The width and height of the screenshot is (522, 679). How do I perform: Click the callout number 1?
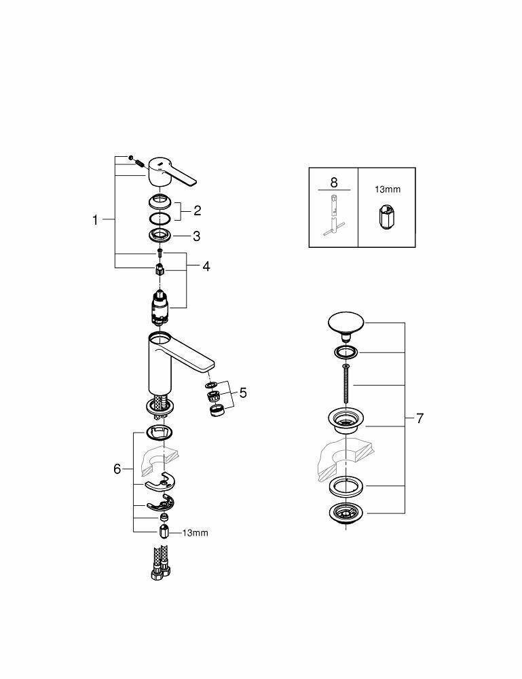coord(96,219)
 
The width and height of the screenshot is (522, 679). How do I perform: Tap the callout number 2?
coord(197,210)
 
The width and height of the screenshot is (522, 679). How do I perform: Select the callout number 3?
coord(196,236)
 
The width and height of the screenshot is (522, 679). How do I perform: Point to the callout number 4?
coord(205,266)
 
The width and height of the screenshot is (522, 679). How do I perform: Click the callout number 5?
coord(242,392)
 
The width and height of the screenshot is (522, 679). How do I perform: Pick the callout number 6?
coord(117,469)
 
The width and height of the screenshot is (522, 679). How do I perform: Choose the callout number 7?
coord(420,418)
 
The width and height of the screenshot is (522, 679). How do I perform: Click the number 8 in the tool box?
coord(333,183)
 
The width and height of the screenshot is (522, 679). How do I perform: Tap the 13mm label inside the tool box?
coord(387,189)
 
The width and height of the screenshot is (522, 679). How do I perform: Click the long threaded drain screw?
coord(346,384)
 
